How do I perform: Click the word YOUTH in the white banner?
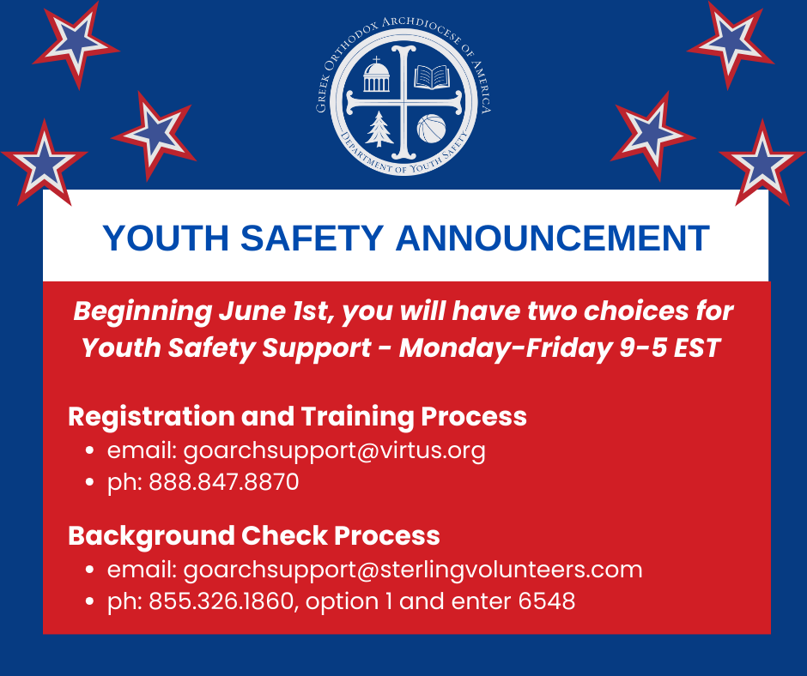coord(165,238)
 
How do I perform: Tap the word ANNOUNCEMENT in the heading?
coord(553,238)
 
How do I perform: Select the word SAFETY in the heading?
coord(312,238)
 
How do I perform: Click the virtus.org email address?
coord(335,451)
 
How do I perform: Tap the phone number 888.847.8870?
coord(224,482)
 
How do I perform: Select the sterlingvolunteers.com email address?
coord(413,570)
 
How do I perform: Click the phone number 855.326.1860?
coord(221,601)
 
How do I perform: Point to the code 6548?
coord(547,601)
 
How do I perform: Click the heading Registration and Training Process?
coord(298,417)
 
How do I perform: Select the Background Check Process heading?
coord(254,536)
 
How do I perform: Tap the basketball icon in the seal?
coord(431,129)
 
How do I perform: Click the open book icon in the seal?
coord(431,76)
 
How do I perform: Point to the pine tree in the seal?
coord(379,129)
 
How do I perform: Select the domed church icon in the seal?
coord(376,75)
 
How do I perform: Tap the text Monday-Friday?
coord(506,348)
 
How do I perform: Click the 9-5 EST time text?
coord(669,348)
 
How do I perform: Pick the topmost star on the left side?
coord(76,45)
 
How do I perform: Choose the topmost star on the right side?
coord(731,45)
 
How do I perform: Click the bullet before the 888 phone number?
coord(90,483)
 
